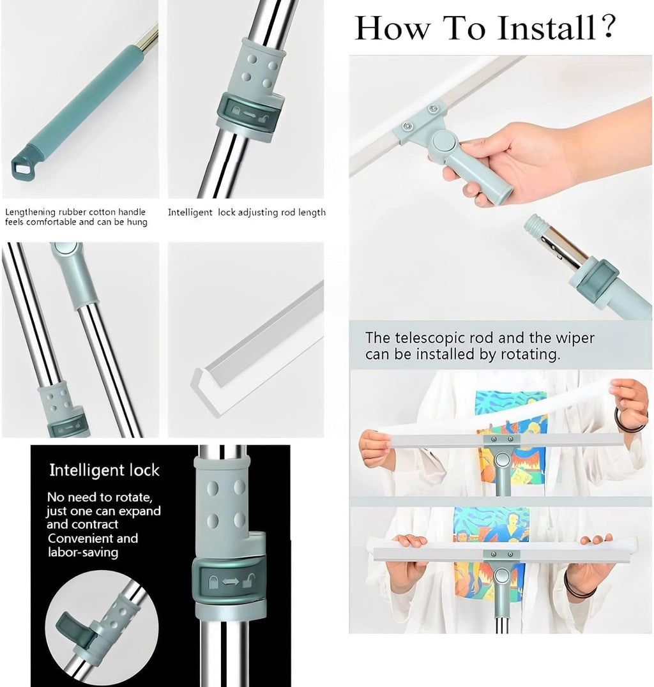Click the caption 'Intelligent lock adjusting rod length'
point(247,213)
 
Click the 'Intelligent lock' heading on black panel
point(104,471)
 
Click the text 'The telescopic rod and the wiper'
point(479,338)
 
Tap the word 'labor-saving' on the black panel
point(83,552)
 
